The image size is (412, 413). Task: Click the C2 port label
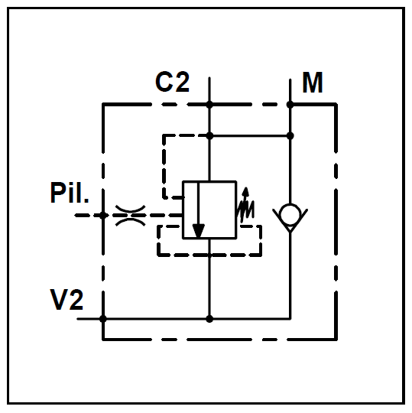coord(173,82)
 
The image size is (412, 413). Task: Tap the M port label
coord(313,83)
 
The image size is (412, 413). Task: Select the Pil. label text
coord(70,192)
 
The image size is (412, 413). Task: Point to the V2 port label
coord(67,300)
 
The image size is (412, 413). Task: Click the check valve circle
coord(290,215)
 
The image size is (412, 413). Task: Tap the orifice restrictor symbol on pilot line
coord(130,216)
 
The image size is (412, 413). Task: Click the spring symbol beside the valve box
coord(245,210)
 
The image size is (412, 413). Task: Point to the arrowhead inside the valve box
coord(199,231)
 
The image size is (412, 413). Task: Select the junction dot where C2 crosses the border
coord(209,105)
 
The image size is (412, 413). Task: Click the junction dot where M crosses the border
coord(290,105)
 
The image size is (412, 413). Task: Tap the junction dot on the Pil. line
coord(103,216)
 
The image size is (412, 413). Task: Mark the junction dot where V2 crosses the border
coord(103,319)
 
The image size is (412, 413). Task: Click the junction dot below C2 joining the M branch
coord(209,136)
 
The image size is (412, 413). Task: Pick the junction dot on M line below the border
coord(290,136)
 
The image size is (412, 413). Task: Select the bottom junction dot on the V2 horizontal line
coord(209,319)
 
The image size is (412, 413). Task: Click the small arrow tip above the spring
coord(246,188)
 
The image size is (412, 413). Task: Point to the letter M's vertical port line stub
coord(290,92)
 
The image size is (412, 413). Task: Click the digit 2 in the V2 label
coord(76,300)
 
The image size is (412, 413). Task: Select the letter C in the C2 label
coord(164,82)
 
